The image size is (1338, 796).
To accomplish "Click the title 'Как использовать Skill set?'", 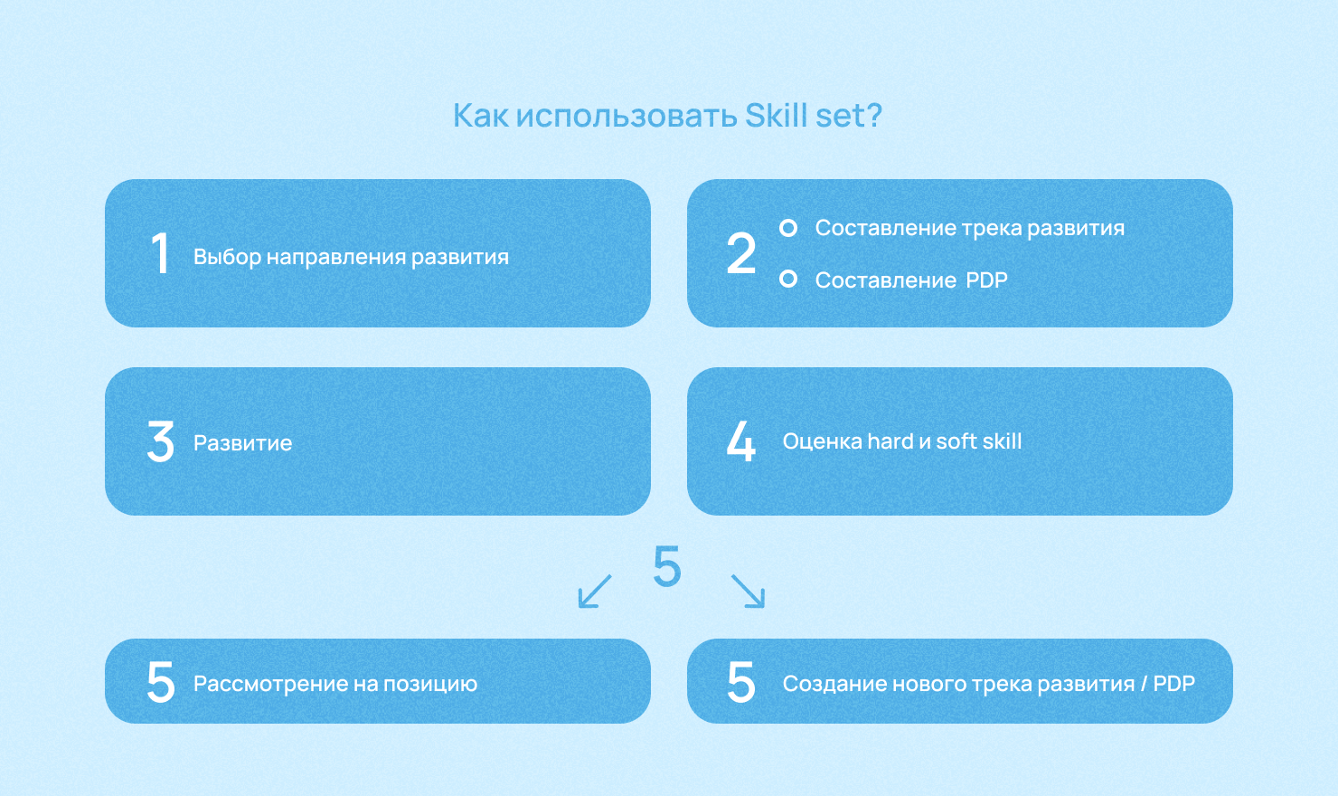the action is tap(667, 116).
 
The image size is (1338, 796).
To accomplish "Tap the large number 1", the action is tap(160, 253).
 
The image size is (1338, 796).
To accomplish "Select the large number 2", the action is tap(741, 253).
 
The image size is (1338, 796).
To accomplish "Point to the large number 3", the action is tap(161, 441).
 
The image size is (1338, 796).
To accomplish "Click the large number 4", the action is tap(741, 441).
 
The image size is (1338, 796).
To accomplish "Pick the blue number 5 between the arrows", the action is tap(667, 565).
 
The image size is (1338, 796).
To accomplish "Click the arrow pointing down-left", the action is tap(595, 591).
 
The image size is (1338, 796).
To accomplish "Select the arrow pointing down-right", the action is tap(748, 591).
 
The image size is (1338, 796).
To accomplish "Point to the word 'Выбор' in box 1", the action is tap(228, 257).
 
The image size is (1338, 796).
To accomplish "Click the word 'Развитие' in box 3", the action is tap(243, 443).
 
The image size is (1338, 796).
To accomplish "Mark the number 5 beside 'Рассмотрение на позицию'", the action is tap(161, 682).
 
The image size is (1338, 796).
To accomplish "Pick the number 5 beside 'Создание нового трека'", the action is tap(741, 682).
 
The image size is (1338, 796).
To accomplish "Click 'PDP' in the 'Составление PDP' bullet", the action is tap(987, 280).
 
